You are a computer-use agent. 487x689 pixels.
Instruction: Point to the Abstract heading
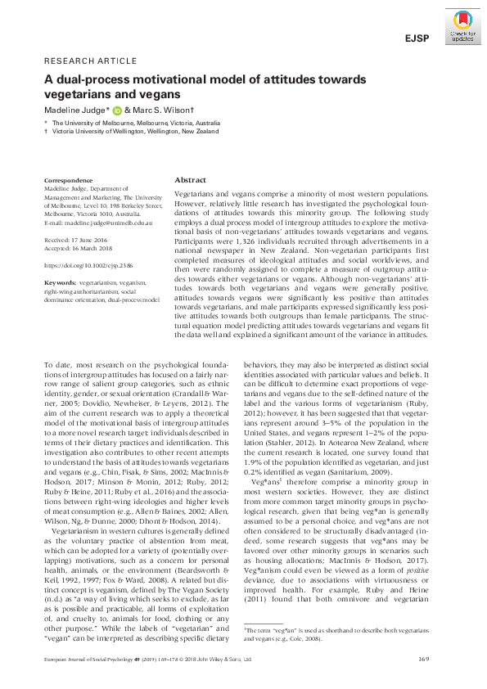tap(191, 180)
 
